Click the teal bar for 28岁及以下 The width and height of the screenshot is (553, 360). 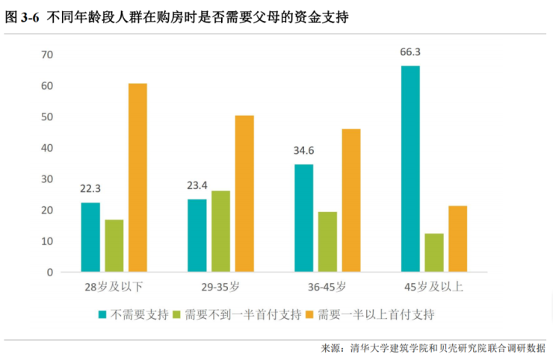click(90, 237)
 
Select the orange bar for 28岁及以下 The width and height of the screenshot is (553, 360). click(138, 177)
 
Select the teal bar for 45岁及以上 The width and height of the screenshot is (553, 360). click(410, 168)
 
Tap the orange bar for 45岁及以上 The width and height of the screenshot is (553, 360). click(457, 238)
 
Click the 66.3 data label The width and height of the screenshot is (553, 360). click(410, 52)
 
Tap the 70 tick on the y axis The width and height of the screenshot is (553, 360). click(47, 55)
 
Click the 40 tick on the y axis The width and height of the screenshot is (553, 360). click(47, 148)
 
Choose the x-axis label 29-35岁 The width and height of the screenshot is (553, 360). click(220, 287)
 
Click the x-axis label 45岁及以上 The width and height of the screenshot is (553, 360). click(433, 287)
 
